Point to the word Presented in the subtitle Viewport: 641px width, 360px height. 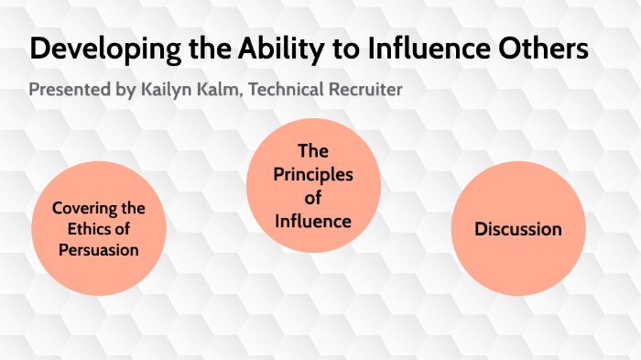point(67,91)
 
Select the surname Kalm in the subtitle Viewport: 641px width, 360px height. point(225,91)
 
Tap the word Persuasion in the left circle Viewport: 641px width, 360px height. point(99,249)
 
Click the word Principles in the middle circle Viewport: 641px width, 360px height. point(313,174)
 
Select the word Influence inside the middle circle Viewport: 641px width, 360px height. point(313,221)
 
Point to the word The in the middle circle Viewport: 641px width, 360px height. point(313,151)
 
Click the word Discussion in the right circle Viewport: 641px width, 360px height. point(518,229)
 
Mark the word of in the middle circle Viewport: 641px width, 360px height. point(313,198)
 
